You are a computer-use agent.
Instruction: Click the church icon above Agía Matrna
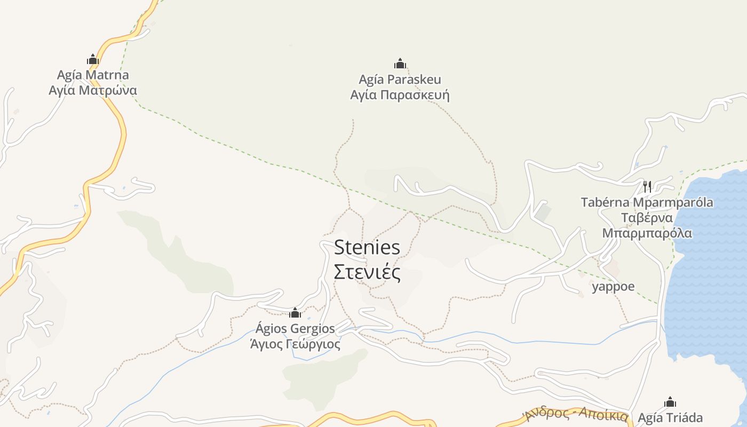pyautogui.click(x=93, y=59)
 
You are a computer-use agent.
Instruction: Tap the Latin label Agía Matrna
pyautogui.click(x=93, y=75)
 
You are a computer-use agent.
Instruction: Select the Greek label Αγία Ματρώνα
pyautogui.click(x=93, y=90)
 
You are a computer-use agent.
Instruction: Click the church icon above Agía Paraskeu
pyautogui.click(x=400, y=64)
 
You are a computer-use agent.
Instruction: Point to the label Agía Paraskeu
pyautogui.click(x=400, y=80)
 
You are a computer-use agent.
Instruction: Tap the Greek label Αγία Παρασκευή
pyautogui.click(x=400, y=96)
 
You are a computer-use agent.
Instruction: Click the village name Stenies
pyautogui.click(x=367, y=248)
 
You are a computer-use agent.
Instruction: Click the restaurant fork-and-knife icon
pyautogui.click(x=647, y=186)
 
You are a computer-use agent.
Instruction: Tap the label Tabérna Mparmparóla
pyautogui.click(x=647, y=202)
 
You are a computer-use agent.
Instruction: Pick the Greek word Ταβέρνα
pyautogui.click(x=647, y=218)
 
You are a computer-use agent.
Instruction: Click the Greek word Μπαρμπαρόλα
pyautogui.click(x=647, y=233)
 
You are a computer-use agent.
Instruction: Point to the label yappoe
pyautogui.click(x=613, y=287)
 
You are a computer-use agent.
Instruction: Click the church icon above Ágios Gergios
pyautogui.click(x=295, y=313)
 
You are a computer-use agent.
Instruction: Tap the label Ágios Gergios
pyautogui.click(x=295, y=328)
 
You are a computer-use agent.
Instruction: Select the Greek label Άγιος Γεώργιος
pyautogui.click(x=295, y=344)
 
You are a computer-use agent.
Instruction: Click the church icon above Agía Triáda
pyautogui.click(x=670, y=402)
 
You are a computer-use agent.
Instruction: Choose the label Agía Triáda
pyautogui.click(x=670, y=417)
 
